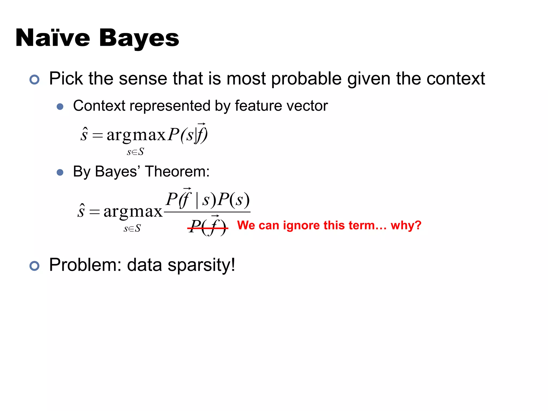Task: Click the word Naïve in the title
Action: [53, 38]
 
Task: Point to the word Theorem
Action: [177, 171]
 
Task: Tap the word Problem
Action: [85, 265]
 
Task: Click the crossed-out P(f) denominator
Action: [208, 227]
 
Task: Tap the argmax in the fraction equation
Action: [133, 212]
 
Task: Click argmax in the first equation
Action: [136, 135]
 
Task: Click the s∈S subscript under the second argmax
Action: [132, 229]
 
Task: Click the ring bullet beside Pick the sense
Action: [35, 79]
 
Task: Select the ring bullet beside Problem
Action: [35, 266]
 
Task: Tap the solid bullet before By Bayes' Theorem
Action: [60, 172]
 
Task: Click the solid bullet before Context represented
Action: [60, 107]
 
